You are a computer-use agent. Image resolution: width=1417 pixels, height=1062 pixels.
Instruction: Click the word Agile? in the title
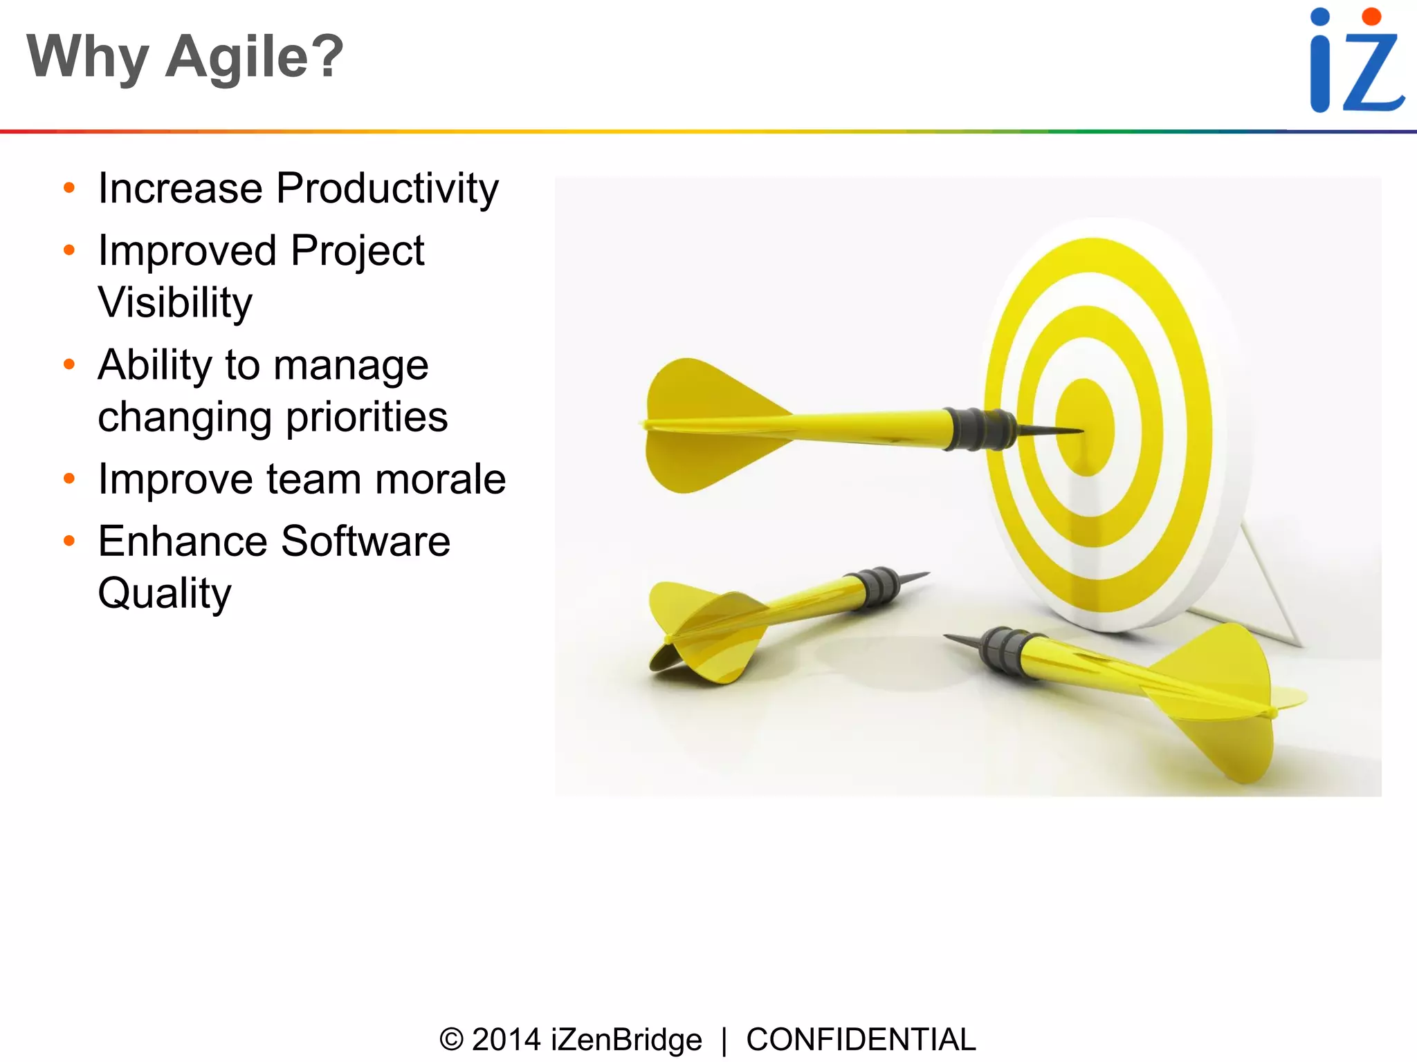tap(254, 57)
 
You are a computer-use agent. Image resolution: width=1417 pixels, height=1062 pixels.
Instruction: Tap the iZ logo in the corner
tap(1356, 61)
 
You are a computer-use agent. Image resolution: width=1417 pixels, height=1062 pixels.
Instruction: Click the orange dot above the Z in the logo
tap(1371, 16)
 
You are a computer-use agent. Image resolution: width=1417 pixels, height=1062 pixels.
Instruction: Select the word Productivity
tap(387, 188)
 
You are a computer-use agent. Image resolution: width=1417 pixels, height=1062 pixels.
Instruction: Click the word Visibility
tap(175, 303)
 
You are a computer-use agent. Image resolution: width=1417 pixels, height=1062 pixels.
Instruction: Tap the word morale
tap(440, 479)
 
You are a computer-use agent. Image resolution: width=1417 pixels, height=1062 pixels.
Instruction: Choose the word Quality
tap(165, 593)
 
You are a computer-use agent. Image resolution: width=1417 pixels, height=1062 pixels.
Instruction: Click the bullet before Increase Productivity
tap(68, 188)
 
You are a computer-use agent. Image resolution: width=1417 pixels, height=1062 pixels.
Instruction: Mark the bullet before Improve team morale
tap(68, 478)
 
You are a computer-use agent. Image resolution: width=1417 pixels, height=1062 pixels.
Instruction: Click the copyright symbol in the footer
tap(451, 1040)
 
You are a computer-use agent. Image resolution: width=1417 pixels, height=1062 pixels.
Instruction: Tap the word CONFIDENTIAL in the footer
tap(861, 1040)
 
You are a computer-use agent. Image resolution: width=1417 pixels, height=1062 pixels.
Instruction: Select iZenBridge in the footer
tap(626, 1040)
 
